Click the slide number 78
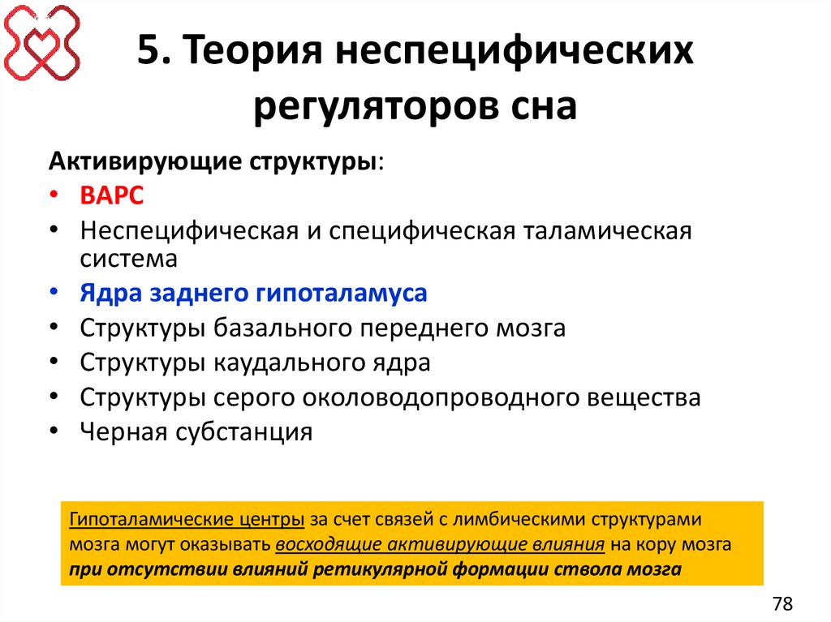782,603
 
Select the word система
128,258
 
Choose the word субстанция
243,431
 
